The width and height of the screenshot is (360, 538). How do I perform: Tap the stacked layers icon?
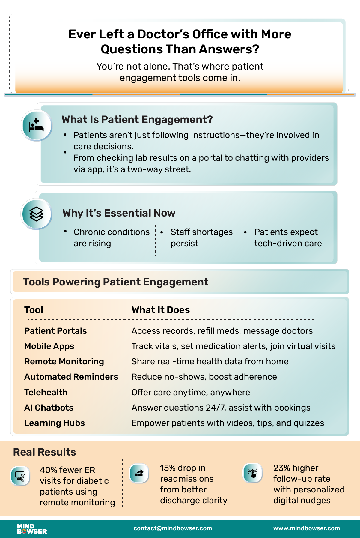coord(37,214)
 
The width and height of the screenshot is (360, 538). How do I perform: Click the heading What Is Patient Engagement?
coord(137,119)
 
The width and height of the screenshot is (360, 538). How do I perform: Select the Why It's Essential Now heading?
coord(119,213)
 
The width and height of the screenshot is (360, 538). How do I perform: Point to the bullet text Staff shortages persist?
coord(201,238)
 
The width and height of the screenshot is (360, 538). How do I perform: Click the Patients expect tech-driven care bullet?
coord(288,238)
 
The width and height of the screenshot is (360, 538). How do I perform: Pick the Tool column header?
coord(34,310)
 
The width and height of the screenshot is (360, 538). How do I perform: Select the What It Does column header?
coord(161,310)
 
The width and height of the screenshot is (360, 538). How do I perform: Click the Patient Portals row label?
coord(55,331)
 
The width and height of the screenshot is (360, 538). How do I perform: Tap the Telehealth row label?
coord(46,392)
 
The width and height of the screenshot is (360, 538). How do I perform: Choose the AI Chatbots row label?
coord(49,408)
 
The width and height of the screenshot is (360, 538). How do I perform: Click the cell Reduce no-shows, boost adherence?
coord(204,377)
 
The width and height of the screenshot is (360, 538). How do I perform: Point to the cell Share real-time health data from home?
coord(210,361)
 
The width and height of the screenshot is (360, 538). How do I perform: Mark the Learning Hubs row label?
coord(55,423)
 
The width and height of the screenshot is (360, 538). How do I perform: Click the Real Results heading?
coord(44,452)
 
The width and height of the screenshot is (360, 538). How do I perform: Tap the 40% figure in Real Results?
coord(48,470)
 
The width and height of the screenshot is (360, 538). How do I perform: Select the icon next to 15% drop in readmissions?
coord(139,474)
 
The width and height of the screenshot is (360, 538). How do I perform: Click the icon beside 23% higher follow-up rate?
coord(252,473)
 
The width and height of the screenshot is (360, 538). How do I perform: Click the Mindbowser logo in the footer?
coord(31,529)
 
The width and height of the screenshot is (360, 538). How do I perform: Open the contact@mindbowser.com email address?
coord(173,528)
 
